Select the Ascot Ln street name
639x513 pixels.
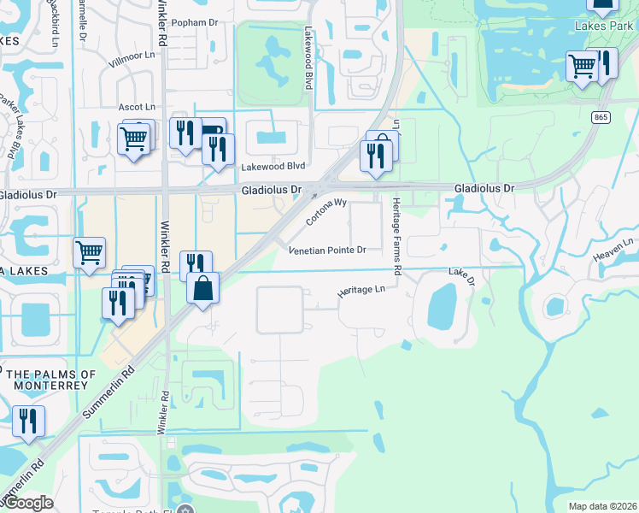pyautogui.click(x=136, y=107)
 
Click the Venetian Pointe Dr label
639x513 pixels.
pyautogui.click(x=327, y=251)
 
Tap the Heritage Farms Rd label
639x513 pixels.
pyautogui.click(x=396, y=235)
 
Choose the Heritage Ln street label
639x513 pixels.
pyautogui.click(x=361, y=291)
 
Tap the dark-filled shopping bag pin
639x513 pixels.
pyautogui.click(x=202, y=288)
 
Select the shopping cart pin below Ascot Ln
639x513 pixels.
pyautogui.click(x=134, y=138)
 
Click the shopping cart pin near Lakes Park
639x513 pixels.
pyautogui.click(x=583, y=65)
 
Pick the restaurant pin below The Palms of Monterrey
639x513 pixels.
pyautogui.click(x=28, y=422)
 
